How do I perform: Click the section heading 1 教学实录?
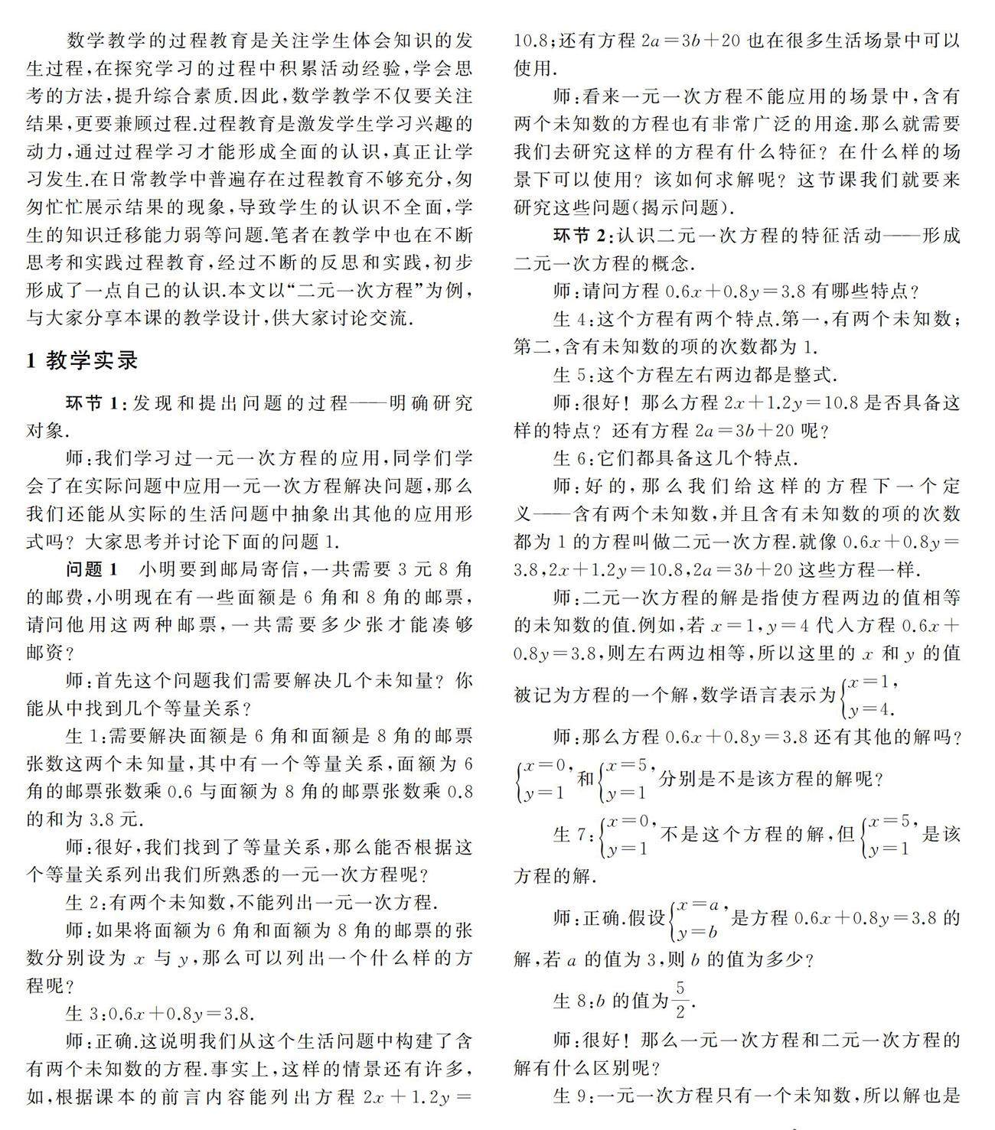tap(82, 360)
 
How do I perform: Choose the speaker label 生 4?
tap(571, 318)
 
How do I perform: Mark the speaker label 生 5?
tap(571, 374)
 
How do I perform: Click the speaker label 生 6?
tap(571, 458)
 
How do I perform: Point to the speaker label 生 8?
tap(571, 1000)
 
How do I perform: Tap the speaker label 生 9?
tap(571, 1096)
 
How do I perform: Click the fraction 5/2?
tap(680, 999)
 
